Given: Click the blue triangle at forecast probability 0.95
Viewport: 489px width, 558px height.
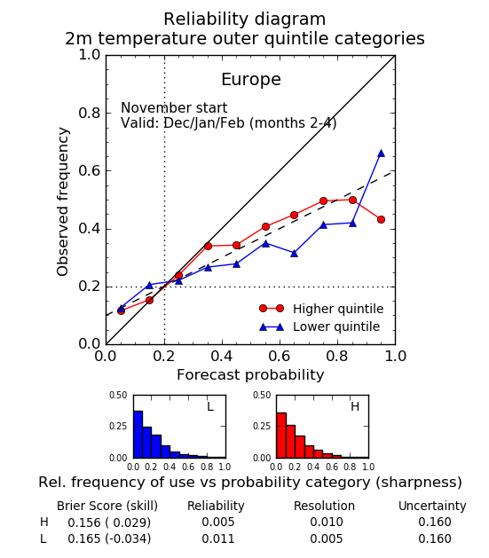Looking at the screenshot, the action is click(381, 153).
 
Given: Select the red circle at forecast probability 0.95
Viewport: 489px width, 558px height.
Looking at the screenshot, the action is click(381, 220).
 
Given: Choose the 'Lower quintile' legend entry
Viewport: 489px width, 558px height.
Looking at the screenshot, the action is click(319, 326).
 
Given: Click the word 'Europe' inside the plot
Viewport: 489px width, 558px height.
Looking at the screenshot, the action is click(251, 79).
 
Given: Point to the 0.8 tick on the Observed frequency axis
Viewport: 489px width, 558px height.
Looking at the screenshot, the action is click(90, 114).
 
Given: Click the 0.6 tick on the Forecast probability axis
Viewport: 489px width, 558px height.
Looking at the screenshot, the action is click(280, 356).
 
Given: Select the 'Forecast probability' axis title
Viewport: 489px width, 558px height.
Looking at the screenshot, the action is click(250, 374).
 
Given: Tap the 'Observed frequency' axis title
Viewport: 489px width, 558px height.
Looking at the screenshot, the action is click(63, 201).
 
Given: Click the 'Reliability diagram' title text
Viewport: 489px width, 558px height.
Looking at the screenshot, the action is click(245, 19).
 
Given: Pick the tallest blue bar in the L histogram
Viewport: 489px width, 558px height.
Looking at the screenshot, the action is click(138, 434).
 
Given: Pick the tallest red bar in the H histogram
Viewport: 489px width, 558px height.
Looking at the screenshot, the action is click(281, 436).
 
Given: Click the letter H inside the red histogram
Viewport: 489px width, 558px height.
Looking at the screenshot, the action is click(355, 406).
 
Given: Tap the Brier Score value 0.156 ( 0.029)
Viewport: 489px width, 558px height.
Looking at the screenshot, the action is click(109, 523).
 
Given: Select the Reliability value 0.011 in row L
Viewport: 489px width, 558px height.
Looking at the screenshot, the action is click(218, 538).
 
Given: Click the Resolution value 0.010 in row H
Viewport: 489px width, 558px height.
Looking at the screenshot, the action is click(327, 522).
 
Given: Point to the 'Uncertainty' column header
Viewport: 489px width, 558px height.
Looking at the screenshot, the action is click(432, 506).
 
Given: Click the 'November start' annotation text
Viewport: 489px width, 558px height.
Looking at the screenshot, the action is click(174, 107).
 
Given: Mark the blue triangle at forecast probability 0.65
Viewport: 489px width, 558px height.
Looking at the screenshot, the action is click(294, 254).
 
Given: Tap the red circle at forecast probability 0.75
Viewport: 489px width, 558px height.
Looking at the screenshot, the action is click(324, 201).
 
